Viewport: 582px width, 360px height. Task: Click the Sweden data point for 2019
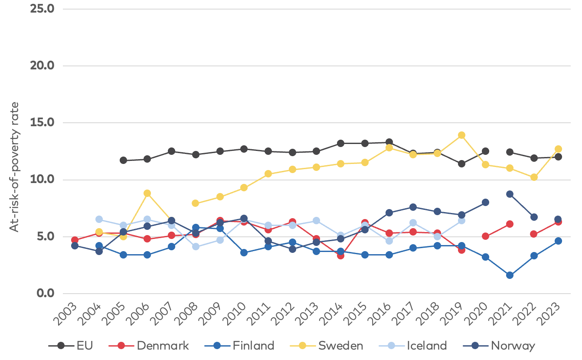click(461, 135)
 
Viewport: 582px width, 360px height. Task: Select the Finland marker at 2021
click(510, 275)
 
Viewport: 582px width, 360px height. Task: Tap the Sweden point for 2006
click(147, 193)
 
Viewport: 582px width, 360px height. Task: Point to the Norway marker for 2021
click(510, 194)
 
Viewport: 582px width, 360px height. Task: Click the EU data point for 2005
click(123, 160)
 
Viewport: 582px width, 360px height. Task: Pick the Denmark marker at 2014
click(340, 255)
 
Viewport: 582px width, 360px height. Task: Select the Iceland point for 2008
click(196, 246)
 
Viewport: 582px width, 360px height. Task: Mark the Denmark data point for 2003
click(75, 240)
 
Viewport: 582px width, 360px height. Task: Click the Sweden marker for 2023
click(558, 149)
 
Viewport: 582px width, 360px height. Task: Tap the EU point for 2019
click(461, 164)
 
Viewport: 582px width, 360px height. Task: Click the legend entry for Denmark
click(163, 346)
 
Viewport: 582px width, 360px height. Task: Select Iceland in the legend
click(426, 346)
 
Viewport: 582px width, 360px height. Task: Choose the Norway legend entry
click(513, 346)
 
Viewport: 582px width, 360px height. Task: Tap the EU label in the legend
click(85, 346)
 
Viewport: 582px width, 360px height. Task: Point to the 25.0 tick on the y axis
click(42, 8)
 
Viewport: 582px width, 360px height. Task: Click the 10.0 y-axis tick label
click(42, 180)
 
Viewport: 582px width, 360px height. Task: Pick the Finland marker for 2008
click(196, 227)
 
